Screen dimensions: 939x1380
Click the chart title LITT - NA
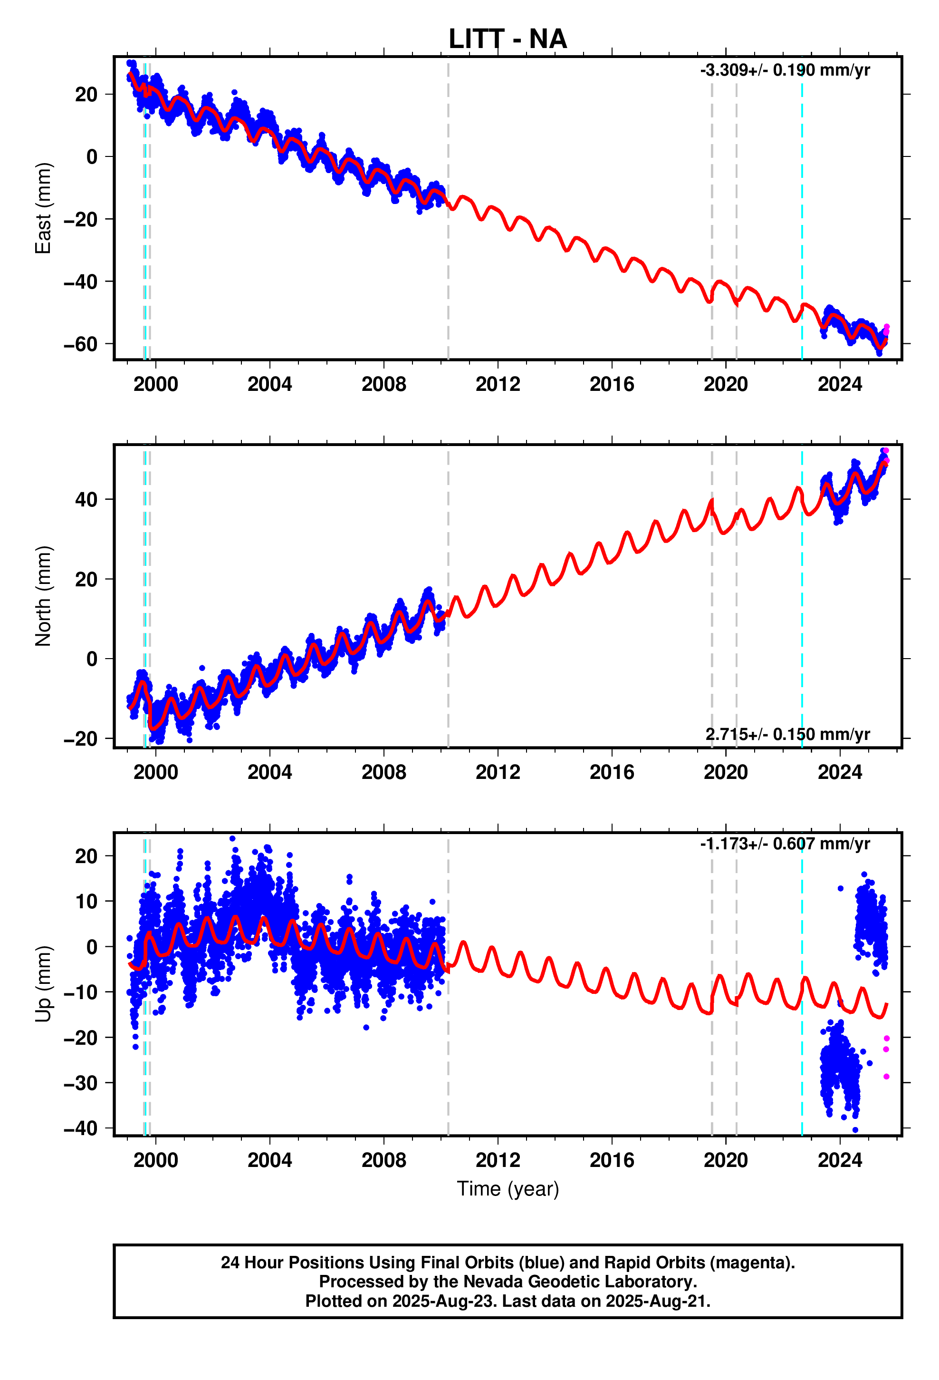pyautogui.click(x=508, y=39)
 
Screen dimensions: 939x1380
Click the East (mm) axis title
pyautogui.click(x=43, y=208)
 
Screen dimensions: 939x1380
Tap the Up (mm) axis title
pyautogui.click(x=43, y=984)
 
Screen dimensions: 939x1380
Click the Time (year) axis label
pyautogui.click(x=508, y=1189)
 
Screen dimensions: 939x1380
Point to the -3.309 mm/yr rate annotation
pyautogui.click(x=785, y=70)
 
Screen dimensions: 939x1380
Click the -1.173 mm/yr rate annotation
pyautogui.click(x=785, y=844)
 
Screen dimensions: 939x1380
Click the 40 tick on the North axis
pyautogui.click(x=86, y=500)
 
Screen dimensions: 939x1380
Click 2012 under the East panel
pyautogui.click(x=498, y=385)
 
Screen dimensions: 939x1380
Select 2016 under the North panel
pyautogui.click(x=612, y=773)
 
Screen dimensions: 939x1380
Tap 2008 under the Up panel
pyautogui.click(x=383, y=1160)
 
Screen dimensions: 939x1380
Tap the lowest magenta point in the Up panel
pyautogui.click(x=886, y=1077)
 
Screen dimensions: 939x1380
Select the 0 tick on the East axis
pyautogui.click(x=92, y=157)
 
